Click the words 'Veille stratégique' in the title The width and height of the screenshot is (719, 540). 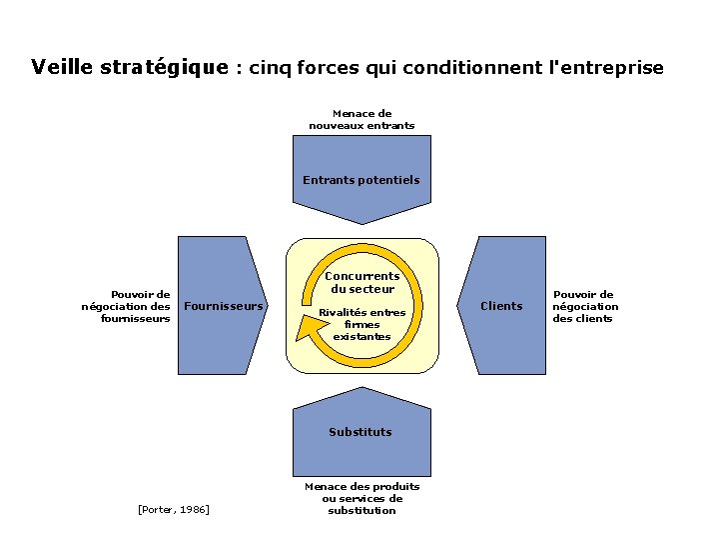(x=130, y=68)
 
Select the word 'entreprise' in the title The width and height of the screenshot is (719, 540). (x=612, y=68)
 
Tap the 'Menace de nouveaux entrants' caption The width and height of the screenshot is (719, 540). (x=361, y=120)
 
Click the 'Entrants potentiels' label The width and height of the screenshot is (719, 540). (x=361, y=180)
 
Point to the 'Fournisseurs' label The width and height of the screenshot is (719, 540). (x=225, y=306)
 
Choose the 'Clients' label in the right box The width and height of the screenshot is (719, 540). (x=501, y=306)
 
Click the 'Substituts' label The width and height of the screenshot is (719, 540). (x=360, y=432)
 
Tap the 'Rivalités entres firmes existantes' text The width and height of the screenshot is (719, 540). (x=361, y=324)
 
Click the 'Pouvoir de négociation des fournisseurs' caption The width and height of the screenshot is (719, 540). (x=126, y=306)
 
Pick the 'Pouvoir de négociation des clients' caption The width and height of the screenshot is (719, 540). (x=585, y=306)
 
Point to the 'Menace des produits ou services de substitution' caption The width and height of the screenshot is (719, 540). (x=361, y=498)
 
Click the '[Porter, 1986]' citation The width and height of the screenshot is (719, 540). (x=173, y=510)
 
